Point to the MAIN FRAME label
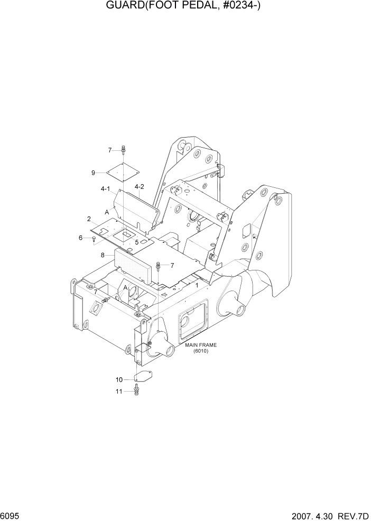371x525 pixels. point(201,345)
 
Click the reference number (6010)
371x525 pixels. point(201,351)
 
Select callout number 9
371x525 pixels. point(93,173)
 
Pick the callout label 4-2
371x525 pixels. point(140,187)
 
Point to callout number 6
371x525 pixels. point(81,238)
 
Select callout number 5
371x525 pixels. point(136,242)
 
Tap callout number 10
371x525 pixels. point(119,379)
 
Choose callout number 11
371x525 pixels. point(119,392)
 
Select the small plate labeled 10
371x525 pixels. point(143,377)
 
